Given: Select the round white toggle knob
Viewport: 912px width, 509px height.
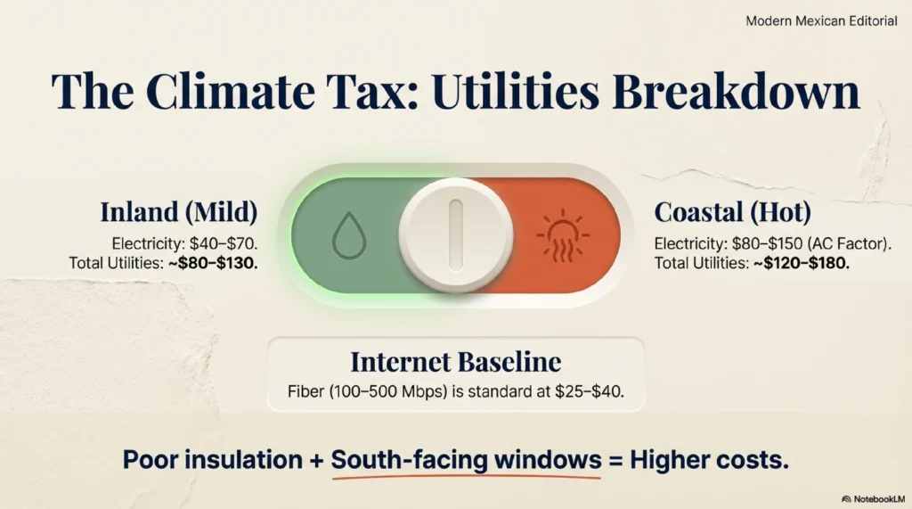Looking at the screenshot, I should tap(456, 234).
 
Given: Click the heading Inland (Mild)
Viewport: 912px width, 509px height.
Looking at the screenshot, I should tap(178, 212).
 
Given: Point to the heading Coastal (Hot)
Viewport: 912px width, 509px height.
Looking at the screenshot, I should tap(731, 212).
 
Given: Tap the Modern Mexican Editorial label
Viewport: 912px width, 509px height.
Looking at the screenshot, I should tap(821, 21).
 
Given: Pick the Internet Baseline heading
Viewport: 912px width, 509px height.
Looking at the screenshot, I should tap(455, 362).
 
